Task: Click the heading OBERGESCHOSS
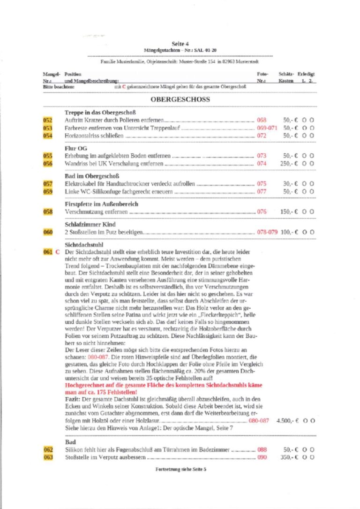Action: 180,99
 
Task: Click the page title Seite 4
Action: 180,44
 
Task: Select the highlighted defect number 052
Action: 48,120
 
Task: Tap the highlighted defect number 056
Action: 48,164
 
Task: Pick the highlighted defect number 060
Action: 48,232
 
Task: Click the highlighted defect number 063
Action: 48,457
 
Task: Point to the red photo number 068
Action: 262,120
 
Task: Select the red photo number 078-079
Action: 267,232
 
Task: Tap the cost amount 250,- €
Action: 289,164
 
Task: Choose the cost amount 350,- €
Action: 289,457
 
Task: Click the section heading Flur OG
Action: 76,148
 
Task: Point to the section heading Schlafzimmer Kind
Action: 90,225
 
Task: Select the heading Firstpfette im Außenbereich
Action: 101,204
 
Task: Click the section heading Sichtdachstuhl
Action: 83,244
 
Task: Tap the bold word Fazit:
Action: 73,399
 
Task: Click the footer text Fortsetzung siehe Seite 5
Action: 180,469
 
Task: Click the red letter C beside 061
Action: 58,252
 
